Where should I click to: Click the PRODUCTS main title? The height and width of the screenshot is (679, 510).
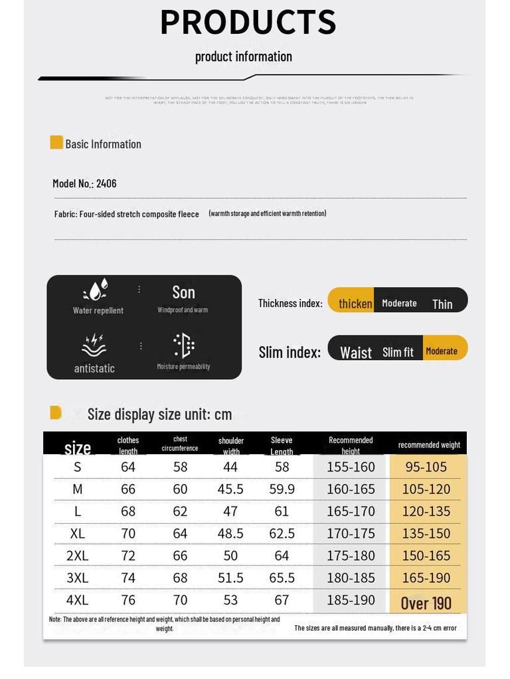pos(248,22)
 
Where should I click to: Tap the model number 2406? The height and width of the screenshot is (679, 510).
pos(106,184)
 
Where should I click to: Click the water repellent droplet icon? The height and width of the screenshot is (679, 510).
pos(96,290)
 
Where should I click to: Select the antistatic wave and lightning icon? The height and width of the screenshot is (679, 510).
pos(94,345)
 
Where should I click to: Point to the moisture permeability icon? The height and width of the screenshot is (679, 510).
pos(183,345)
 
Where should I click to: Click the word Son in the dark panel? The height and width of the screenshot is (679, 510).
pos(183,292)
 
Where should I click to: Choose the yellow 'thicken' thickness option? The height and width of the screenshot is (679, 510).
pos(355,303)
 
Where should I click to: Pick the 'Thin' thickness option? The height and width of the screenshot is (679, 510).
pos(442,304)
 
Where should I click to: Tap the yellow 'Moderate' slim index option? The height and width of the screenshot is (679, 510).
pos(442,351)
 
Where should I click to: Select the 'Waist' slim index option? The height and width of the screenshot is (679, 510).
pos(356,352)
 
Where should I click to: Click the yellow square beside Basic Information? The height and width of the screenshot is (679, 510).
pos(56,143)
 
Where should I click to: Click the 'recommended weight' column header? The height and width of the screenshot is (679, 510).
pos(429,445)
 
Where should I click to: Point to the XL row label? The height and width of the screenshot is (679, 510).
pos(78,533)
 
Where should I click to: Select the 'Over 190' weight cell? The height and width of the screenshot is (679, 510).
pos(426,603)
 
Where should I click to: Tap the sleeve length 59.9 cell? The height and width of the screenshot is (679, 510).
pos(282,489)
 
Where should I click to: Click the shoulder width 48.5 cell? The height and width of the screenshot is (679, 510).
pos(230,533)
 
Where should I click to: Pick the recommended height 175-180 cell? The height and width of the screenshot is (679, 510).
pos(351,556)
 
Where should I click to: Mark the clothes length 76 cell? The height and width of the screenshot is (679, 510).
pos(128,600)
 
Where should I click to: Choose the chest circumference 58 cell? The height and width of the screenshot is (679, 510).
pos(180,467)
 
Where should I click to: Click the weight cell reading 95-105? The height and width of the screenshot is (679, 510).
pos(426,467)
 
